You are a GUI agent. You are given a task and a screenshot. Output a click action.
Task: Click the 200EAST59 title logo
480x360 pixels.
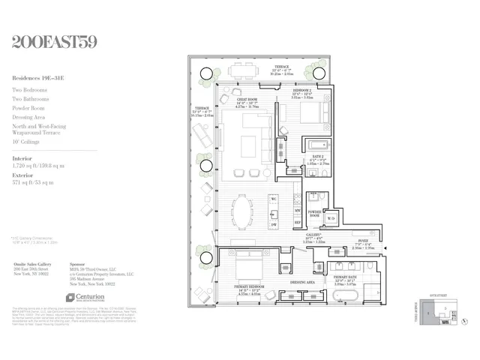(x=55, y=42)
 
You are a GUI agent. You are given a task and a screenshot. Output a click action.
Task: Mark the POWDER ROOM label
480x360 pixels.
(x=315, y=213)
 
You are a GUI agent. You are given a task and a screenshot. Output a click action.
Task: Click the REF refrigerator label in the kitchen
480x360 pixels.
(x=297, y=223)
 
